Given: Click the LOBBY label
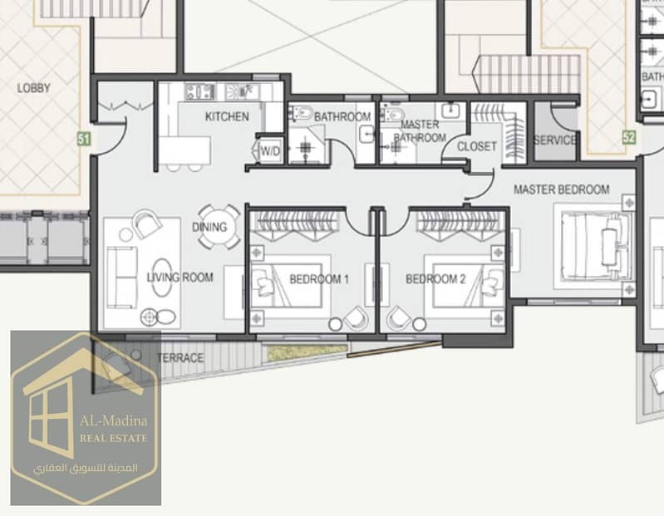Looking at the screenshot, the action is point(34,88).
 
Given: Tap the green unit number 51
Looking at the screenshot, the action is point(84,139).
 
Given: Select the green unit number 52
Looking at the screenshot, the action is point(629,137).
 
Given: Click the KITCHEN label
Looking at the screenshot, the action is point(227,116).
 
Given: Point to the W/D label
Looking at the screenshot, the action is point(270,150).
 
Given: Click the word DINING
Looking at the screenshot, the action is point(209,227).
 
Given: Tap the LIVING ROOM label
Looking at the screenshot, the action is point(180,278).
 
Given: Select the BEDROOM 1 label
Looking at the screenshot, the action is point(319,279).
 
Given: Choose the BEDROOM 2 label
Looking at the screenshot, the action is point(435,279).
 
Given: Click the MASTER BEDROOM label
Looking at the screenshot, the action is point(562,189).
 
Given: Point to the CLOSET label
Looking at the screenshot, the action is point(477,146).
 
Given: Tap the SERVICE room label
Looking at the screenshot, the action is point(555,140).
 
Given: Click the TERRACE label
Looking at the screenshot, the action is point(180,358).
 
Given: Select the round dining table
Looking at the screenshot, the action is point(219,228).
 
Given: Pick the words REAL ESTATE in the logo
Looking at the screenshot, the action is point(114,439).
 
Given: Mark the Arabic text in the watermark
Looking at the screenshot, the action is point(86,468).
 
